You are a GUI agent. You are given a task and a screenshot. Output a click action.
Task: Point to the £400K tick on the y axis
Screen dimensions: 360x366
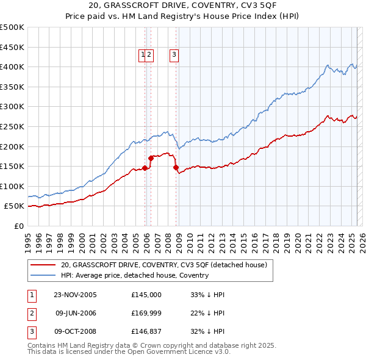point(13,67)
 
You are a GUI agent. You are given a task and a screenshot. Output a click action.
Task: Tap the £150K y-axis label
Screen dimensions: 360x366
point(13,166)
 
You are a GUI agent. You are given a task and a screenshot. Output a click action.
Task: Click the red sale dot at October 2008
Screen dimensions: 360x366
point(176,167)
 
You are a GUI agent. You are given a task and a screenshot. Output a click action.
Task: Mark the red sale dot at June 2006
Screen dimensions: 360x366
point(151,158)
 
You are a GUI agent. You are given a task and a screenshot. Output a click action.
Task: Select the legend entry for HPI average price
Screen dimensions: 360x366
point(134,275)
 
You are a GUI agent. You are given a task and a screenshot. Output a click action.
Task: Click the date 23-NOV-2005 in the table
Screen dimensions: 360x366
point(76,295)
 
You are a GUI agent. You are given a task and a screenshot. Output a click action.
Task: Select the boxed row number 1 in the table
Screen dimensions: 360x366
point(31,295)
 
